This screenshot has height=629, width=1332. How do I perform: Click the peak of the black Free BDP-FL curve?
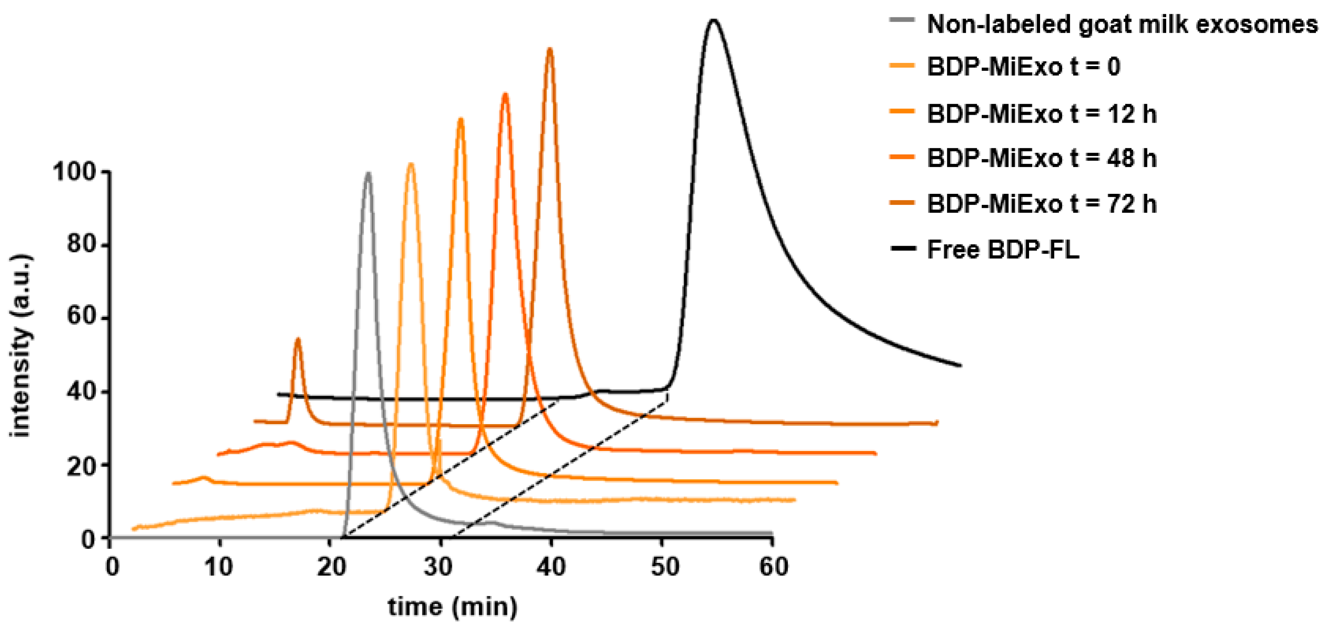[714, 21]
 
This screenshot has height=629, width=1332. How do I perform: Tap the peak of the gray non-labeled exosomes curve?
[368, 174]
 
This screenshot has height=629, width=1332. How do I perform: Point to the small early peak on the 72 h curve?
[297, 339]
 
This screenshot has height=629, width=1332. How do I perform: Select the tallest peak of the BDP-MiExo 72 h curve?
[550, 50]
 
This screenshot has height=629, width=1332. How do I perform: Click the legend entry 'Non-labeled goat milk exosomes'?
[1122, 24]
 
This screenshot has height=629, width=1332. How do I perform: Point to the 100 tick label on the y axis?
[75, 172]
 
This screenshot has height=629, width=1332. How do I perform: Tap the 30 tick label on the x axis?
[438, 567]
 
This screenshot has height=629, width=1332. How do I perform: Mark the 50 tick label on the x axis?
[664, 567]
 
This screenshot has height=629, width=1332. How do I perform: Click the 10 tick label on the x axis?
[218, 567]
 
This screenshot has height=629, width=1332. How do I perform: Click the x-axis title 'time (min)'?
[452, 607]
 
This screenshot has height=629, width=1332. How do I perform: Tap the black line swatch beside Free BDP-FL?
[903, 249]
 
